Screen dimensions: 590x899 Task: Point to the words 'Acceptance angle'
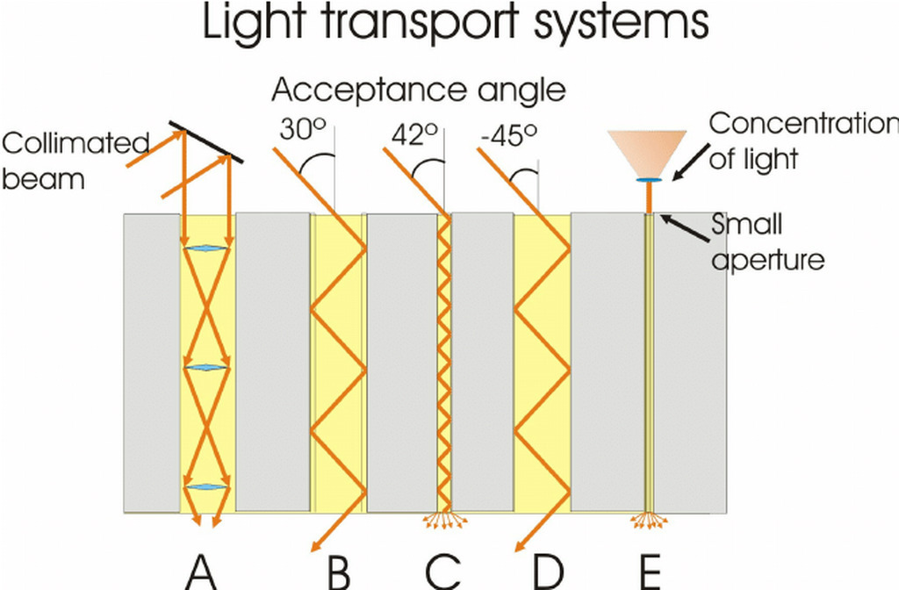(419, 90)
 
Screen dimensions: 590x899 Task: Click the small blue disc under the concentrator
(648, 180)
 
